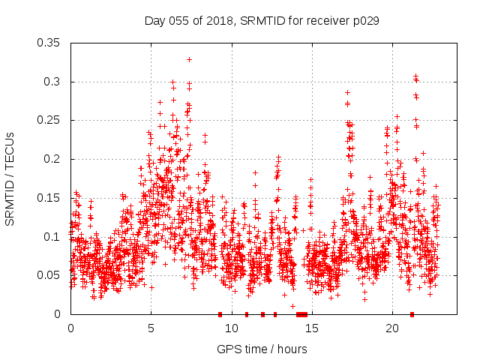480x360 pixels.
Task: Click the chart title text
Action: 261,21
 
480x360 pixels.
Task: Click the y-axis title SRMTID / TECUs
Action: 10,178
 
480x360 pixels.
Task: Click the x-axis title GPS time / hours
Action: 262,349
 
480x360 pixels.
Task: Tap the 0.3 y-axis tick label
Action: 54,82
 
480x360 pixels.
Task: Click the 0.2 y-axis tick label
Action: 54,159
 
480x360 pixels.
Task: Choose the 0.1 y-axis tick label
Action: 54,237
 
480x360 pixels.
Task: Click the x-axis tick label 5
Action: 151,328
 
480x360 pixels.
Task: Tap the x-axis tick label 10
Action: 231,328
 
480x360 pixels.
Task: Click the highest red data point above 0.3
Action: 190,59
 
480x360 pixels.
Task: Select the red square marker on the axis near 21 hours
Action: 412,314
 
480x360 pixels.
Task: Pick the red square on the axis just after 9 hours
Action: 220,314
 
